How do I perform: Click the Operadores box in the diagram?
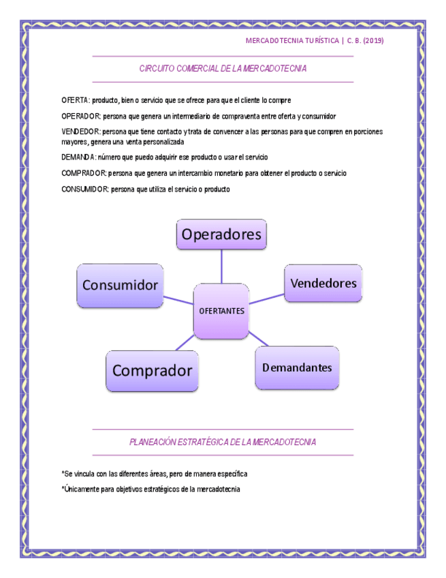[x=221, y=234]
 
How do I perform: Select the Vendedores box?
[x=323, y=283]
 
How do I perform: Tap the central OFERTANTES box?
[x=221, y=311]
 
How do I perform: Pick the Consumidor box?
[x=120, y=285]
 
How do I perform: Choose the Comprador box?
[x=152, y=371]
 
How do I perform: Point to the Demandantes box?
[x=297, y=367]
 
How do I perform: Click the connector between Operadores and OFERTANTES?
[x=221, y=266]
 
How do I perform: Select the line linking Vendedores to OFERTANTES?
[x=266, y=299]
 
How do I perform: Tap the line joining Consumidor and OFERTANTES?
[x=178, y=299]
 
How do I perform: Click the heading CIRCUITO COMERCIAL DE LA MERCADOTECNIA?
[x=223, y=69]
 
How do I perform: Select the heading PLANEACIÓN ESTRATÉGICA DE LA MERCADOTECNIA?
[x=223, y=442]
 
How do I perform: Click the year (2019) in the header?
[x=373, y=41]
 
